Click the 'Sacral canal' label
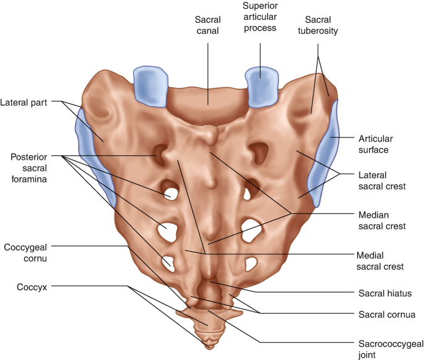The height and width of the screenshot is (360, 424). coord(207,25)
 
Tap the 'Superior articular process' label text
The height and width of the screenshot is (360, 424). coord(260,20)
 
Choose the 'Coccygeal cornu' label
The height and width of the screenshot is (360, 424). coord(25,252)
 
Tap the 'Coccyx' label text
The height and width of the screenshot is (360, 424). coord(20,287)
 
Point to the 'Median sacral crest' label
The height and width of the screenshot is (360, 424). coord(382,221)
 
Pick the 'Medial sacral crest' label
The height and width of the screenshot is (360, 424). coord(380,260)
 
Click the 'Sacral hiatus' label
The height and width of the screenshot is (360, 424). coord(384,293)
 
